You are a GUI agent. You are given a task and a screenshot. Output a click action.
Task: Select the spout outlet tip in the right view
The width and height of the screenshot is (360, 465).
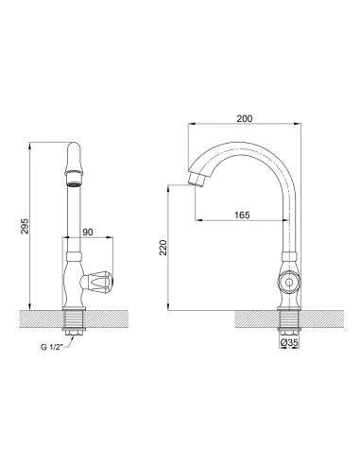pos(196,181)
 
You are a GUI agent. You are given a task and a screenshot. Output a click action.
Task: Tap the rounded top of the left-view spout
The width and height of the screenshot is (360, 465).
pos(75,151)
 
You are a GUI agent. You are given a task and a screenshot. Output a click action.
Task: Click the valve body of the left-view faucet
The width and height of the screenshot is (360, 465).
pos(74,280)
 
